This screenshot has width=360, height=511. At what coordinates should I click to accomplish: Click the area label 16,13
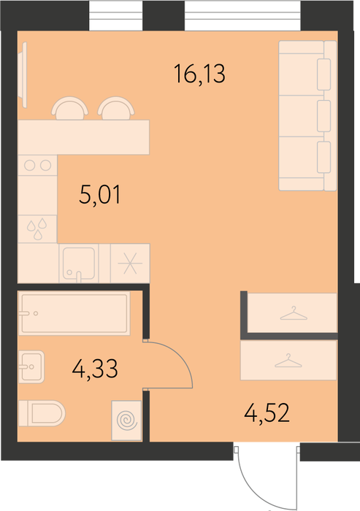click(199, 74)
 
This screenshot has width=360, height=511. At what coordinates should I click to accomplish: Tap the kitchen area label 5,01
click(100, 195)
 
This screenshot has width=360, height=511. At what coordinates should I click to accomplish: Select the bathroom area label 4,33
click(95, 369)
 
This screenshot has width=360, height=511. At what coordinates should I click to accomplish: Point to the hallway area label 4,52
click(267, 413)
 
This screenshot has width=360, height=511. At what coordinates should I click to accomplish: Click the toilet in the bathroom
click(42, 413)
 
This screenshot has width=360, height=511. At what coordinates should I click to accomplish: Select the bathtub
click(74, 313)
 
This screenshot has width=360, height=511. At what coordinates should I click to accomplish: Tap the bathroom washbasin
click(31, 366)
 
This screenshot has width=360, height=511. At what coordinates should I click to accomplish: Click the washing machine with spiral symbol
click(126, 420)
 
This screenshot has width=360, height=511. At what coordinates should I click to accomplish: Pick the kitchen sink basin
click(79, 264)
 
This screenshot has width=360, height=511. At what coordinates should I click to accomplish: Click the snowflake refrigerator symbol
click(130, 263)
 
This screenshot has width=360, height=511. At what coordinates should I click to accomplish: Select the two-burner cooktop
click(37, 165)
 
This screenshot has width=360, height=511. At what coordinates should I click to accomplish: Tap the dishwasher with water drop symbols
click(37, 228)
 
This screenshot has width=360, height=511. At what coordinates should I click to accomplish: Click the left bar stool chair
click(70, 108)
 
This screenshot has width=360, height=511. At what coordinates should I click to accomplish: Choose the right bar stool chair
click(116, 108)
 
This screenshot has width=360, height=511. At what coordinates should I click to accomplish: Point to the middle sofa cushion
click(323, 116)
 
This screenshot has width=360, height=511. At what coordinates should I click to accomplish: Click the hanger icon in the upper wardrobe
click(294, 313)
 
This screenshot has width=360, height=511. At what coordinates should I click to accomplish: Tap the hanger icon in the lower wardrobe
click(288, 361)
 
